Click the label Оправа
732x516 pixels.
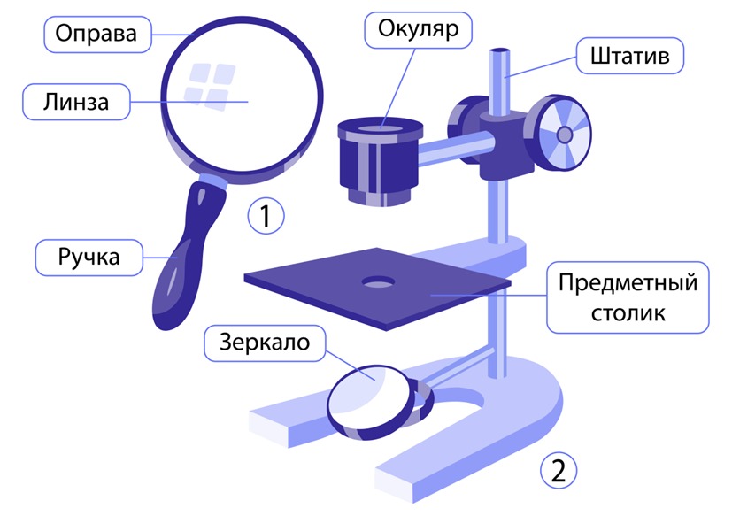click(97, 35)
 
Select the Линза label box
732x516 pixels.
click(76, 102)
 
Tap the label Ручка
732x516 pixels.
click(89, 258)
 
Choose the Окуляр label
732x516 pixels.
click(419, 30)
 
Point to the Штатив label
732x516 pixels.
click(629, 56)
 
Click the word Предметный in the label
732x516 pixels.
click(628, 283)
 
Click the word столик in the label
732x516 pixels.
click(628, 312)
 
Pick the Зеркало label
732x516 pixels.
click(265, 343)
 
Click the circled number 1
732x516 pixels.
click(266, 216)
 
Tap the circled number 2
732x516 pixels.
click(559, 471)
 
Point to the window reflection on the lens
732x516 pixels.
click(210, 87)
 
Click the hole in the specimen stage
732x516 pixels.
click(378, 282)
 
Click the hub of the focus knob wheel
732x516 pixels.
click(565, 135)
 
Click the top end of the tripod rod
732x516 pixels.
click(499, 50)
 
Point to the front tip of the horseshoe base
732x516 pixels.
click(396, 485)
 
